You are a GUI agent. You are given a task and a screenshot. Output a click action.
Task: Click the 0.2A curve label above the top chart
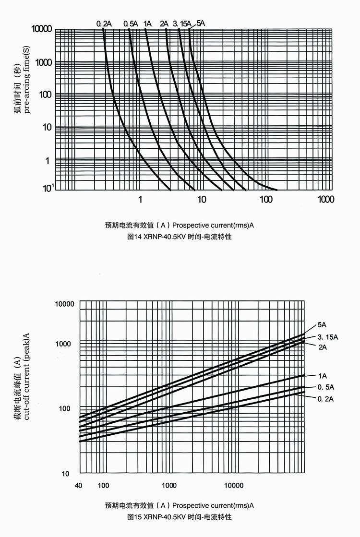click(104, 23)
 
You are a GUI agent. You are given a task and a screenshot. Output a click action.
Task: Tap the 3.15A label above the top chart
click(182, 23)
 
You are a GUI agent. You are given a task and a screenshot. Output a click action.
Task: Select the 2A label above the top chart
click(164, 23)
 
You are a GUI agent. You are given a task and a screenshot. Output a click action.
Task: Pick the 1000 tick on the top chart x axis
click(325, 199)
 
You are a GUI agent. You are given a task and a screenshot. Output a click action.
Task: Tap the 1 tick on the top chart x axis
click(140, 199)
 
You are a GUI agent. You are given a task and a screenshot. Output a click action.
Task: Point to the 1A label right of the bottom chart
click(322, 375)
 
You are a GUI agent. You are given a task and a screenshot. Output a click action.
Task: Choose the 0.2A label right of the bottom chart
click(325, 399)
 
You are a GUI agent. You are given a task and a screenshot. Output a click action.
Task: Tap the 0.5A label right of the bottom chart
click(325, 387)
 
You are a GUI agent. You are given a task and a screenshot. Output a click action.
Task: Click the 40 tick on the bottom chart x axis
click(79, 486)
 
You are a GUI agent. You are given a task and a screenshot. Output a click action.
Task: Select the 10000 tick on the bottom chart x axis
click(234, 486)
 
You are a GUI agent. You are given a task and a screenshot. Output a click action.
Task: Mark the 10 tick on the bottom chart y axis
click(66, 474)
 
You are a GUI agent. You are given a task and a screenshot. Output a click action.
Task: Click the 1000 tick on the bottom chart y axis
click(63, 344)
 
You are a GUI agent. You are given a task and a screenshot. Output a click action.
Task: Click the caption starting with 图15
click(179, 517)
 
